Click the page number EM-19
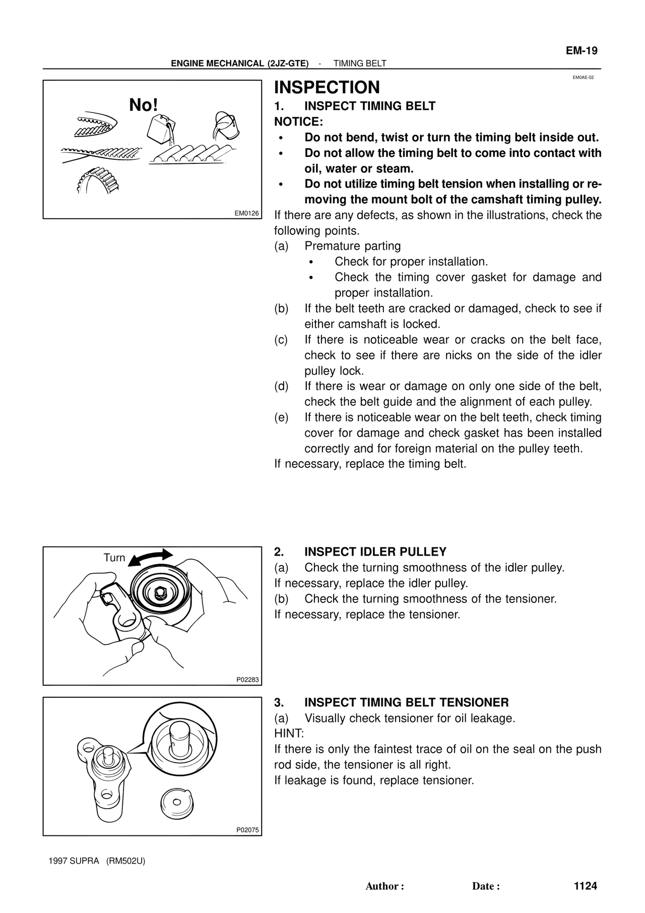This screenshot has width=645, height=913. coord(581,51)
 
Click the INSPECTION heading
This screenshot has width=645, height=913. coord(327,87)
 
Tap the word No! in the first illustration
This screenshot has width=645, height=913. coord(144,105)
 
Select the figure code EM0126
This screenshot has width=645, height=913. coord(246,213)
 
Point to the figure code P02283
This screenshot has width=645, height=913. coord(247,680)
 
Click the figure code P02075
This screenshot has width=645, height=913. coord(247,830)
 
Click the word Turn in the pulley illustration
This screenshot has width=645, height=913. coord(114,558)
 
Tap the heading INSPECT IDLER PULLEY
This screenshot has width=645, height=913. coord(375,552)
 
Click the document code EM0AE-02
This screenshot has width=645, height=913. coord(583,78)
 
